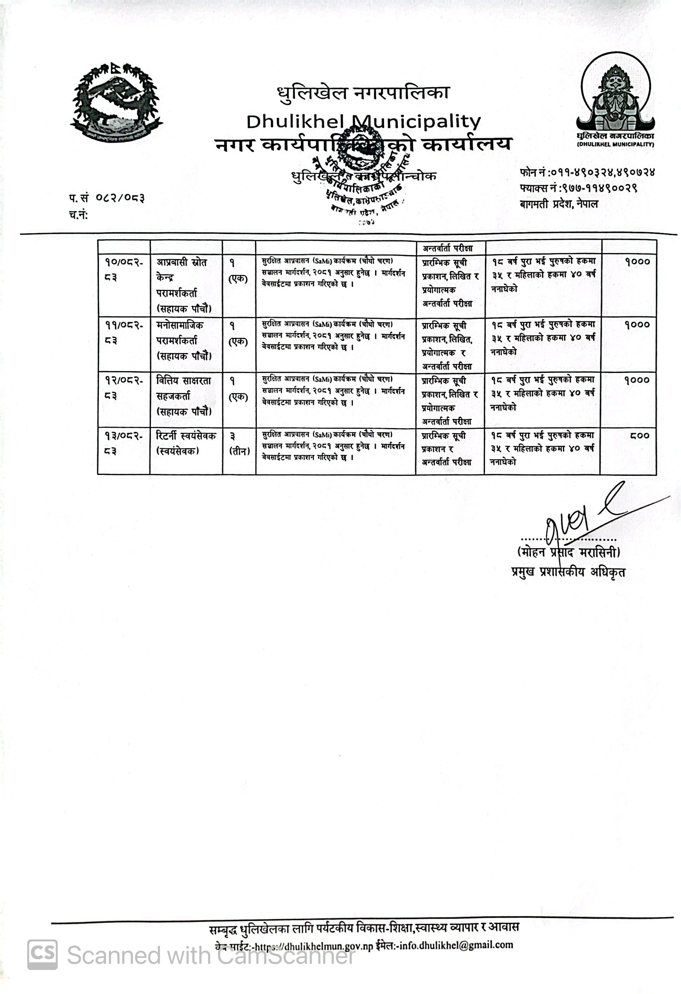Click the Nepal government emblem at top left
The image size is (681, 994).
coord(116,102)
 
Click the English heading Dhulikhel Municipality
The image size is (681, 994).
coord(363,122)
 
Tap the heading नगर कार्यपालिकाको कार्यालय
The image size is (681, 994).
coord(363,145)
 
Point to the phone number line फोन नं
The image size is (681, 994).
coord(587,173)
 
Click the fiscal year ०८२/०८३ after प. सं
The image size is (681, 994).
coord(120,198)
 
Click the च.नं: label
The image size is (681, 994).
coord(78,215)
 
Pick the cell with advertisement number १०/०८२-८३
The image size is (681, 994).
coord(124,269)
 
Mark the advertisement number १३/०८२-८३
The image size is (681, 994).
coord(124,443)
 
